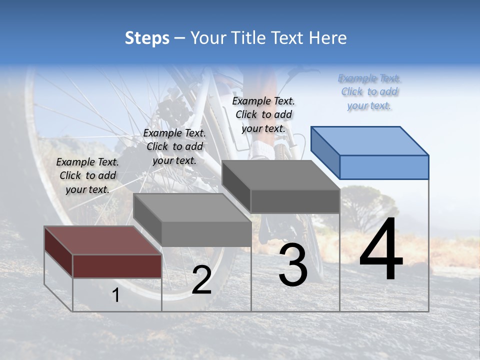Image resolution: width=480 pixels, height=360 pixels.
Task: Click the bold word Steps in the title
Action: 147,38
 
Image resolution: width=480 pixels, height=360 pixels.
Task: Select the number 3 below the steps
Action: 293,265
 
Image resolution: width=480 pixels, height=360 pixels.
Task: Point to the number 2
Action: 201,280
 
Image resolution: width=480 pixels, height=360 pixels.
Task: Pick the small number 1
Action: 116,295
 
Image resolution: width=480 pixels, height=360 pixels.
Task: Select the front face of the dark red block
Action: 117,266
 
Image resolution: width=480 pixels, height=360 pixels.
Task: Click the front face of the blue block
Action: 384,167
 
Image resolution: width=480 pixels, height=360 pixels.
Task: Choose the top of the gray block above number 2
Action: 192,207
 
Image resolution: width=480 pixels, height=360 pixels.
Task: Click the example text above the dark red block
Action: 87,175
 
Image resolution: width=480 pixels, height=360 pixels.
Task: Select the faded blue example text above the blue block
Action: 369,92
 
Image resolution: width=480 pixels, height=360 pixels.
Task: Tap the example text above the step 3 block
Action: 263,114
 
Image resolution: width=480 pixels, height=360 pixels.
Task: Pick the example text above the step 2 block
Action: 174,146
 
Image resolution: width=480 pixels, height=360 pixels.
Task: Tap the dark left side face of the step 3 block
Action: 236,187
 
